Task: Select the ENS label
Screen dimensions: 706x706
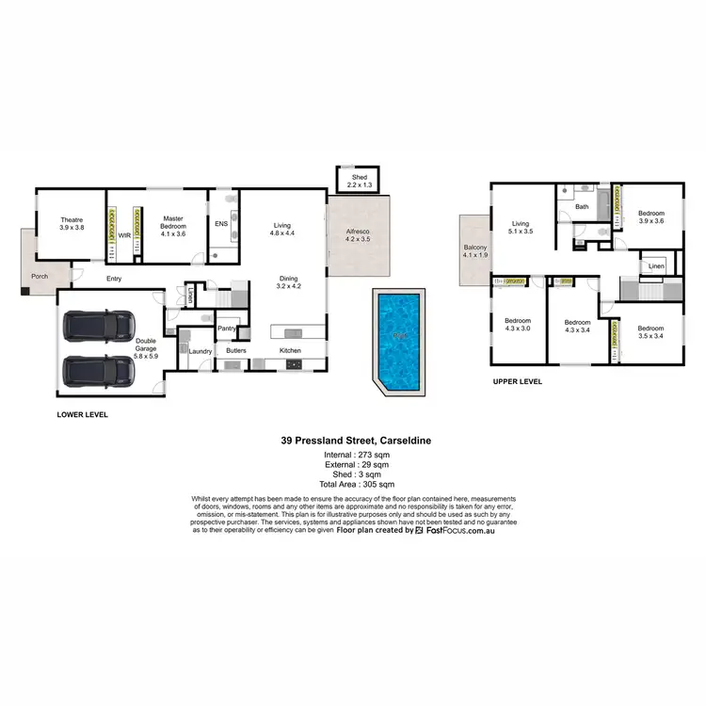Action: click(221, 224)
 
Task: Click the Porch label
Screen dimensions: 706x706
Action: click(40, 277)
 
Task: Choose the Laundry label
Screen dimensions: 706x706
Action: click(201, 351)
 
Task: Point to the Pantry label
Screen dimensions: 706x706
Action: click(226, 329)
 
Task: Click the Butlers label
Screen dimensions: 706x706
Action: click(235, 351)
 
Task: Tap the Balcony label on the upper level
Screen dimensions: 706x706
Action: click(473, 250)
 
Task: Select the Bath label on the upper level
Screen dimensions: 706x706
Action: click(582, 207)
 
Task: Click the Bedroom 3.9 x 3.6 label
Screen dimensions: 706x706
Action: click(651, 216)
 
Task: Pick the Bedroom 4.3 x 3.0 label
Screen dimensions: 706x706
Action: click(518, 323)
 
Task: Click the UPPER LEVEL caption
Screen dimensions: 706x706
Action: click(518, 382)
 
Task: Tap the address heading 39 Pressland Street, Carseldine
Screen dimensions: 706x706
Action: click(353, 440)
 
